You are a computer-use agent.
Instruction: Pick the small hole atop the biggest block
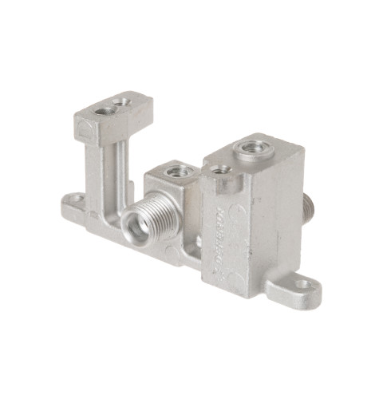(219, 168)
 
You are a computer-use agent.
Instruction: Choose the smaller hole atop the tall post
(122, 102)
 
